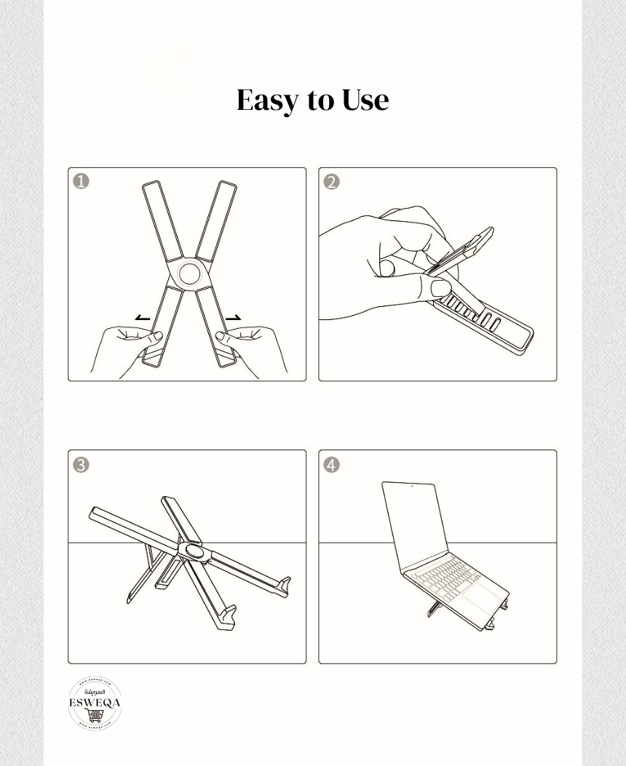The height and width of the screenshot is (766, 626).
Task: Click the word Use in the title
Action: point(365,100)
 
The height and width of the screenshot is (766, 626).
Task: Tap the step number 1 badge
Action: point(81,181)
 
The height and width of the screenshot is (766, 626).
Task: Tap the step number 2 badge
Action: point(331,181)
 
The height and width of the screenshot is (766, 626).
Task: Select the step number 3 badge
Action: point(81,464)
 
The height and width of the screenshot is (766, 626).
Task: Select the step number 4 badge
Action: point(331,464)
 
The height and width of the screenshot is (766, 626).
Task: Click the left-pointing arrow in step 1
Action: point(143,318)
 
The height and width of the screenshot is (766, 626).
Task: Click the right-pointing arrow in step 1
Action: point(233,318)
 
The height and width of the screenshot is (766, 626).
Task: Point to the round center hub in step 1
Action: point(189,274)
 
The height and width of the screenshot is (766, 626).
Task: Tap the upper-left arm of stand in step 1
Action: point(162,219)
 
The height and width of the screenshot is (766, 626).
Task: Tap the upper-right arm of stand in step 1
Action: point(217,219)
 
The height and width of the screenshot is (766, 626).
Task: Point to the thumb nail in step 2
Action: point(440,287)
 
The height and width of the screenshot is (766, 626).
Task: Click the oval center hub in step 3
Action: point(194,550)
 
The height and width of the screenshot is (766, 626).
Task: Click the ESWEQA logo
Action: point(95,703)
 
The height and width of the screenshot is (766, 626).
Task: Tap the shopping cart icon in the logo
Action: point(95,716)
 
